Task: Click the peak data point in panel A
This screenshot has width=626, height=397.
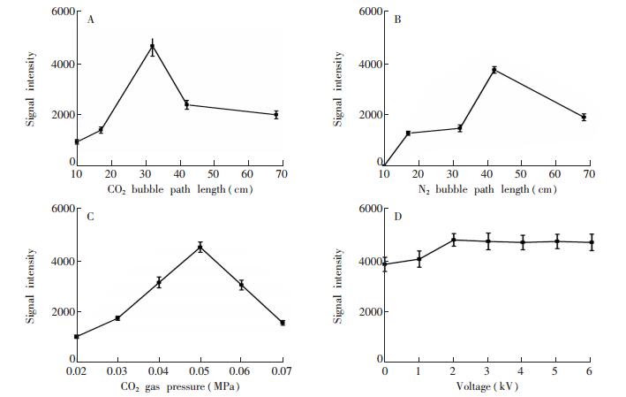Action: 152,47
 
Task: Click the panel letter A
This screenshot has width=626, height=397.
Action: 92,19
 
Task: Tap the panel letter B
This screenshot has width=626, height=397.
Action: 397,19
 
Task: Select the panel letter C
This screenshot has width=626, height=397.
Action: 92,216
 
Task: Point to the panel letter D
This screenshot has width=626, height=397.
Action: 397,216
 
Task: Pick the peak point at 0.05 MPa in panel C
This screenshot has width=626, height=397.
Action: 200,247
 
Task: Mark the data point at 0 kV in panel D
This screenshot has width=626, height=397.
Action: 385,263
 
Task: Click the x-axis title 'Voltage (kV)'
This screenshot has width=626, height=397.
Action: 488,386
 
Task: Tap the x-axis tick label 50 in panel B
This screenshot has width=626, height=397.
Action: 521,175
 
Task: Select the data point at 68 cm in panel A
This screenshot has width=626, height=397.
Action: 275,114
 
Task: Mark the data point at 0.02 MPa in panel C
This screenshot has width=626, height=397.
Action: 78,336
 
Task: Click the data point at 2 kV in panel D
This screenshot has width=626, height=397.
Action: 454,239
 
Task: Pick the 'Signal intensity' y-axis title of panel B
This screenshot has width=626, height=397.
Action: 338,88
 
